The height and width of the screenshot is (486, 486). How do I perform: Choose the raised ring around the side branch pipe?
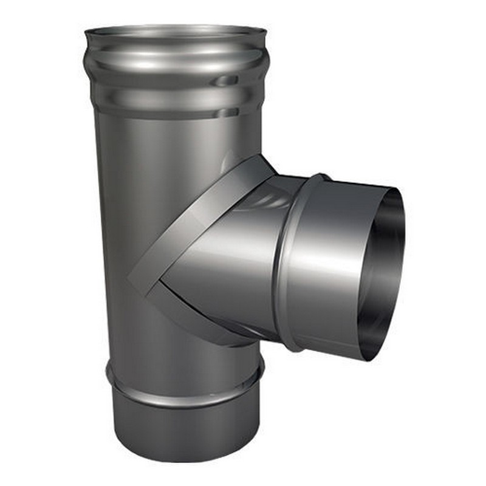(295, 261)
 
